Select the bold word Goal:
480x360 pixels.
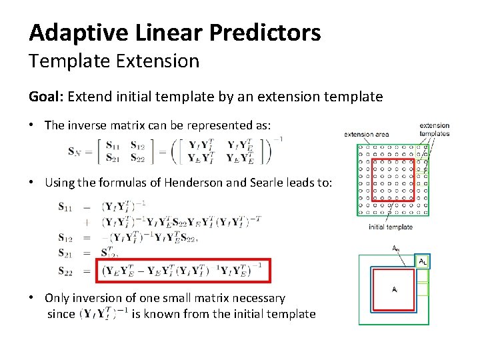coord(45,97)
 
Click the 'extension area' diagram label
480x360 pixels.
coord(366,135)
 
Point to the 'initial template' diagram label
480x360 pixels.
coord(391,227)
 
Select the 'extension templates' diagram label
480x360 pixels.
coord(435,129)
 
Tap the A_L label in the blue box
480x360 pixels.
coord(422,261)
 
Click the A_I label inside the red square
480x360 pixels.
coord(395,289)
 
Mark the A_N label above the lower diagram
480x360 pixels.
coord(396,248)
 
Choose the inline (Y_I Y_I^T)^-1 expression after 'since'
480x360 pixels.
coord(103,314)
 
